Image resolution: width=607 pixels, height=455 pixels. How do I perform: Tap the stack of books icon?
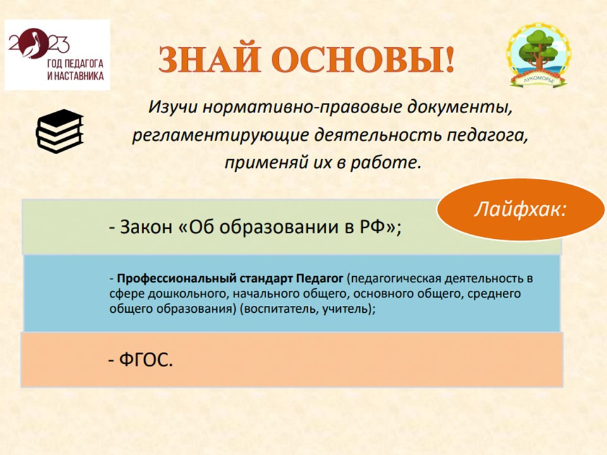click(x=59, y=131)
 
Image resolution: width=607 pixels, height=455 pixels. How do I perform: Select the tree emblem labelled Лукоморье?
click(x=538, y=55)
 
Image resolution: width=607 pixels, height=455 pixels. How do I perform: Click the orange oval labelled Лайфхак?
click(x=520, y=210)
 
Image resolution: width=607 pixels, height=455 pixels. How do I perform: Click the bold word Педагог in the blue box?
click(x=320, y=278)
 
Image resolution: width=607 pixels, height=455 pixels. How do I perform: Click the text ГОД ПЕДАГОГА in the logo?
click(x=75, y=63)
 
